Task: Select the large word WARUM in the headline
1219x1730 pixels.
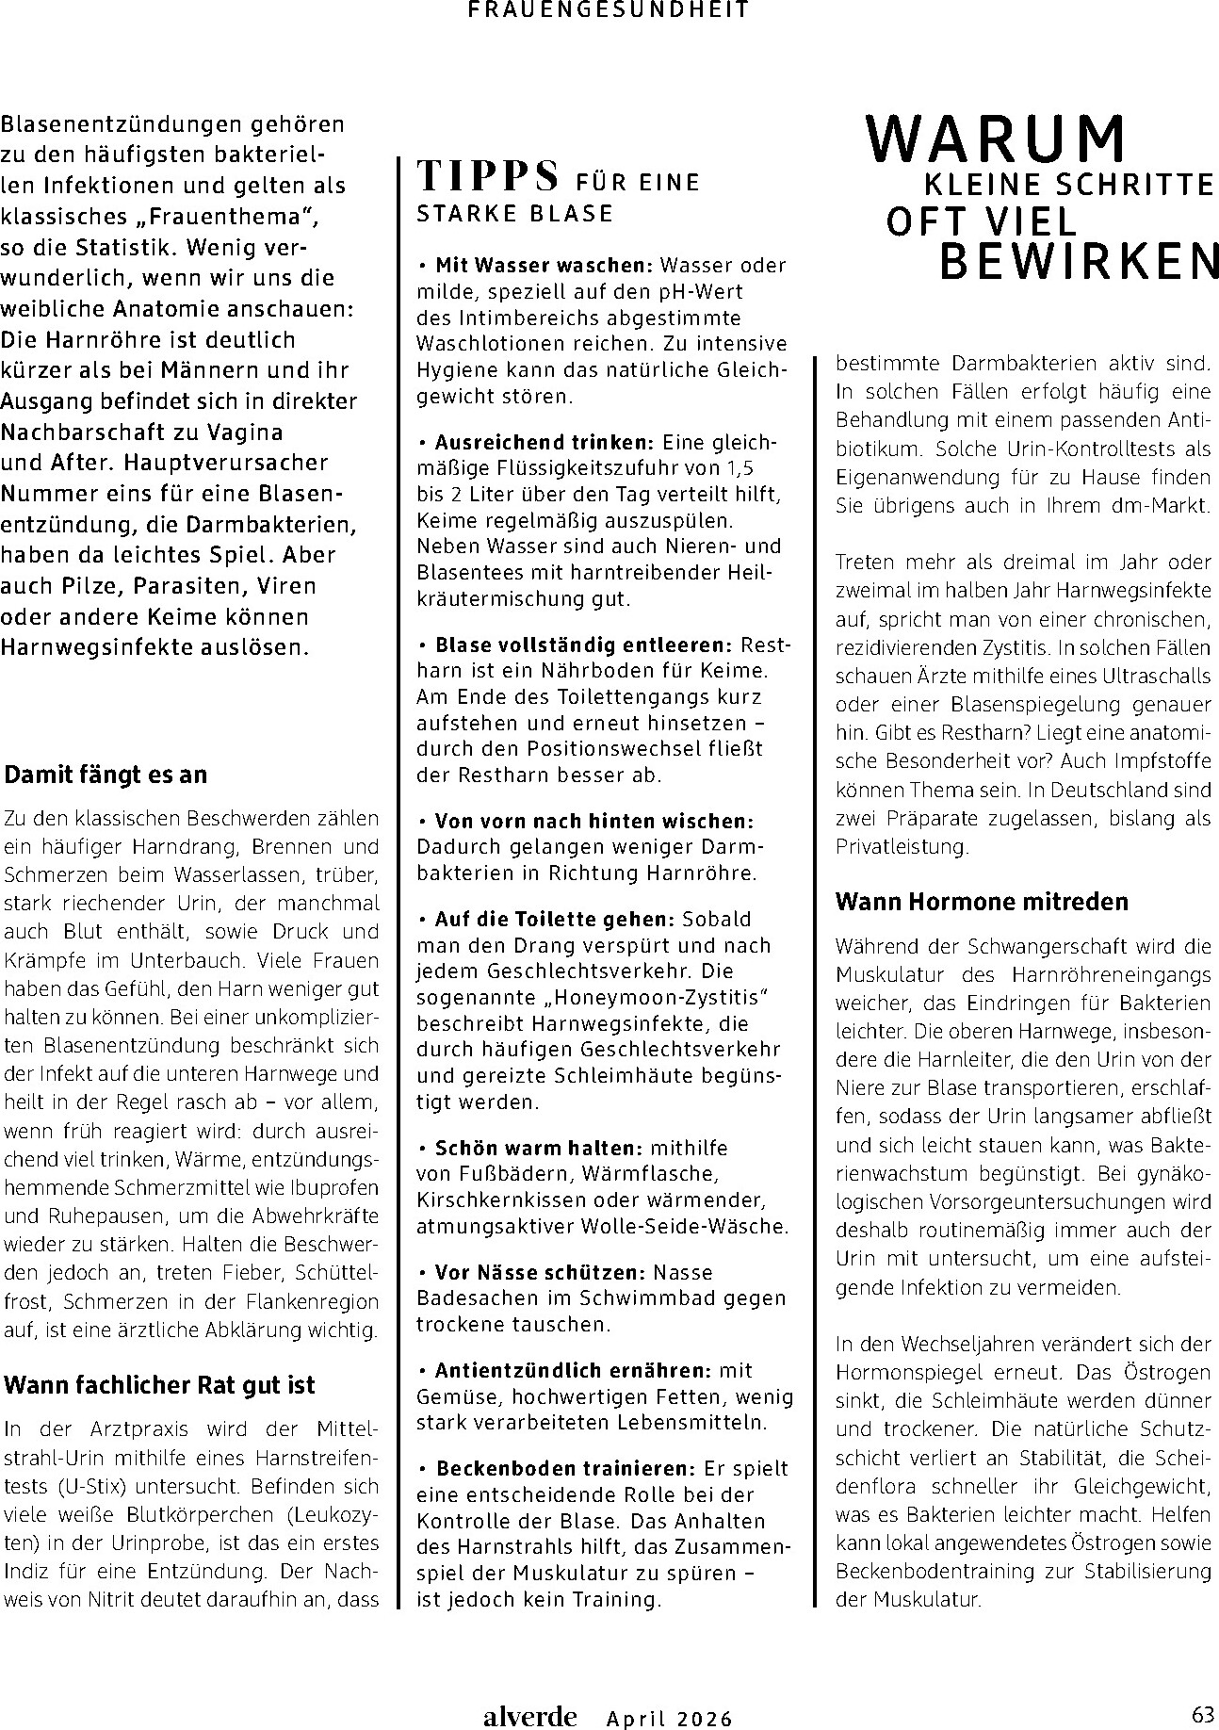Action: (996, 140)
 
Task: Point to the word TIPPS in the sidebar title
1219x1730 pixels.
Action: (487, 176)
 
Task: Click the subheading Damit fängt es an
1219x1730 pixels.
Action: (106, 775)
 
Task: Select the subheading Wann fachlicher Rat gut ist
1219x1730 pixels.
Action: (159, 1385)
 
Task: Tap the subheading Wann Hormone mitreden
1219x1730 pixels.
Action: (982, 901)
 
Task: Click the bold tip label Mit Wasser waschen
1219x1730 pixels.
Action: (544, 266)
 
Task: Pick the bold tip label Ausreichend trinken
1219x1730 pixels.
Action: (544, 442)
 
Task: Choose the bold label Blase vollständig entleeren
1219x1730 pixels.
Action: (582, 645)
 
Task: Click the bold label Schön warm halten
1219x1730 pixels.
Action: (538, 1149)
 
